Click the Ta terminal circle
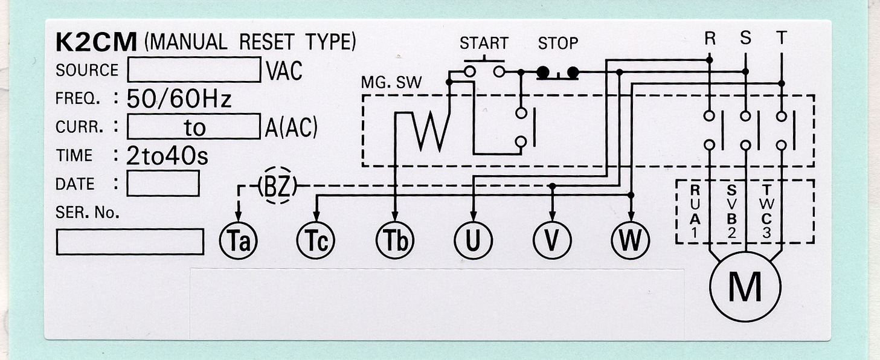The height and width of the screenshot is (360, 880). click(238, 240)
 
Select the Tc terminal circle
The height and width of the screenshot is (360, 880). click(316, 240)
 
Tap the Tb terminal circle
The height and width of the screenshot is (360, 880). click(395, 240)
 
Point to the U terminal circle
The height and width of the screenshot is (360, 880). click(473, 240)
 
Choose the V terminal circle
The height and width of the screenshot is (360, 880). click(551, 240)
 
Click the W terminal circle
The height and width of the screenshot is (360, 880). click(631, 240)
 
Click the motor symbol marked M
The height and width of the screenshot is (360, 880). click(745, 287)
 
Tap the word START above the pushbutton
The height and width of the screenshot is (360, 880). click(483, 43)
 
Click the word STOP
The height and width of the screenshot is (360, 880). click(558, 43)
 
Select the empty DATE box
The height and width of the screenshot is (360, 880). click(162, 184)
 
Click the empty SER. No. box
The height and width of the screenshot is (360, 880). click(130, 242)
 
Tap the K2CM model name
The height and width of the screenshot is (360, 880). click(97, 42)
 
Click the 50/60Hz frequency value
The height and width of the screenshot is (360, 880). click(179, 98)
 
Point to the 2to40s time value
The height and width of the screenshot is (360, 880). click(167, 156)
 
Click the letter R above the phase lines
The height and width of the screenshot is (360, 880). click(710, 38)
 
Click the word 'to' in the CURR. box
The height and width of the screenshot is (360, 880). click(194, 127)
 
